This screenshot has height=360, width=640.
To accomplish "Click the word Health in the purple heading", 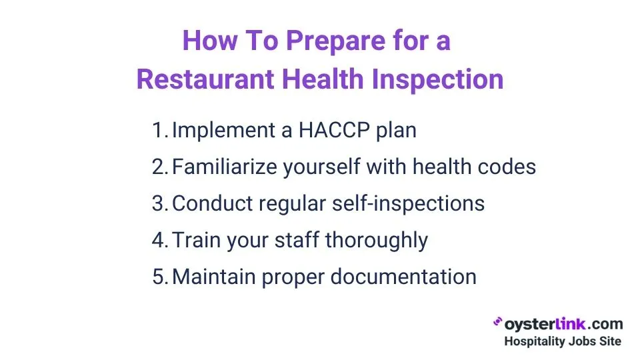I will click(322, 80).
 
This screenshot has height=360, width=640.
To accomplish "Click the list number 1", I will click(158, 130).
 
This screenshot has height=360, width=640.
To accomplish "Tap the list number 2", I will click(158, 167).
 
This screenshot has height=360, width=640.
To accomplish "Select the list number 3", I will click(158, 203).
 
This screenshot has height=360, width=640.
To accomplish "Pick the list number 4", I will click(158, 240).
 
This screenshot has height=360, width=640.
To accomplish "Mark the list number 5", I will click(158, 277).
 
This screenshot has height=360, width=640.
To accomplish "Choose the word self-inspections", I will click(410, 203).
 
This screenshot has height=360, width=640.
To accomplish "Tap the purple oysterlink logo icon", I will click(497, 323).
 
